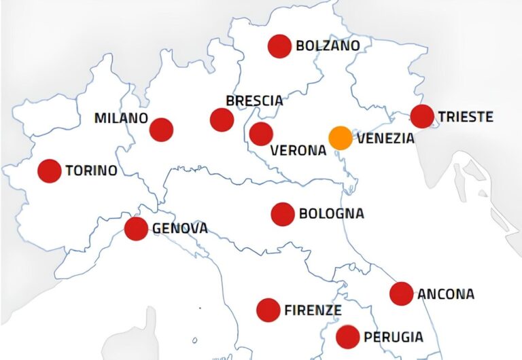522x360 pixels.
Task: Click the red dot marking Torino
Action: point(49,170)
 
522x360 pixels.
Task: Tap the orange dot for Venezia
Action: point(341,138)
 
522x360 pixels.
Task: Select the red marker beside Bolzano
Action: point(279,46)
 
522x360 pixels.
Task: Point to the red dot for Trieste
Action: point(422,116)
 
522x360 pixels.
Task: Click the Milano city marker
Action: point(161,129)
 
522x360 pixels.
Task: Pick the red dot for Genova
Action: point(136,229)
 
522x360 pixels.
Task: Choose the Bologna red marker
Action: point(283,214)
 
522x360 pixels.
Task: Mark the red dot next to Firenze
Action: point(268,310)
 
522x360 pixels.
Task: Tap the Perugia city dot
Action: point(348,336)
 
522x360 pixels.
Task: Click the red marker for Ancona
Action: point(402,293)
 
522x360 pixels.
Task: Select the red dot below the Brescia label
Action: point(222,120)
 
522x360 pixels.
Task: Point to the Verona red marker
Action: point(261,134)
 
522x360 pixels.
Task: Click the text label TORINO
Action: point(91,170)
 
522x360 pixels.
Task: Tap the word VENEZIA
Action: point(385,139)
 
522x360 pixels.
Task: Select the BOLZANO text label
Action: point(328,46)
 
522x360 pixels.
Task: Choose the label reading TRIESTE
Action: point(466,117)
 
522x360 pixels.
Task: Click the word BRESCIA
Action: point(254,101)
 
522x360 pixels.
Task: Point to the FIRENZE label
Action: point(313,310)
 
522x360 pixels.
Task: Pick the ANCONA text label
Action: point(446,294)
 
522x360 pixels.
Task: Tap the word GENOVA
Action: point(180,229)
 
